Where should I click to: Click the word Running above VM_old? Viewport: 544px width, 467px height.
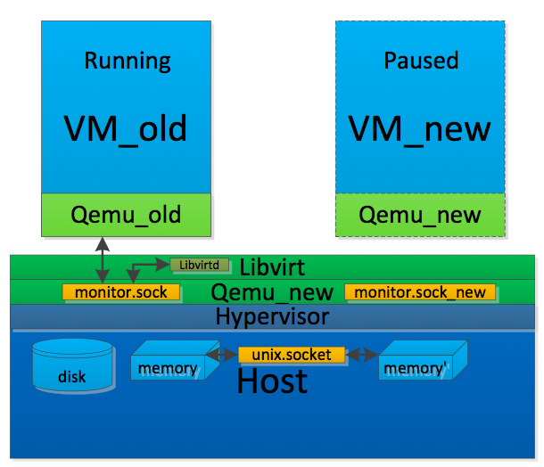[x=127, y=61]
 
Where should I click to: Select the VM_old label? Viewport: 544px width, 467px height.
[x=126, y=129]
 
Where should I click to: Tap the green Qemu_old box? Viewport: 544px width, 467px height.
[x=126, y=215]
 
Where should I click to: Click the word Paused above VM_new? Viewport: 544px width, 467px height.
[x=421, y=61]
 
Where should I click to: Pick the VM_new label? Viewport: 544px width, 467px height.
[x=420, y=129]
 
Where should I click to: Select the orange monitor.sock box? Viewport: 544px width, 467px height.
[x=121, y=292]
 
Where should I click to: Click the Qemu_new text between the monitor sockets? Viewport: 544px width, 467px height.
[x=272, y=292]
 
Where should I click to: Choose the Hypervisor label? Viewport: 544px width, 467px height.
[x=272, y=316]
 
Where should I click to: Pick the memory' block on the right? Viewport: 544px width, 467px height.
[x=416, y=362]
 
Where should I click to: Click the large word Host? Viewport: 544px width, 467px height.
[x=272, y=381]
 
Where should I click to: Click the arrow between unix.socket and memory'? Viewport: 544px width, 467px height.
[x=361, y=355]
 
